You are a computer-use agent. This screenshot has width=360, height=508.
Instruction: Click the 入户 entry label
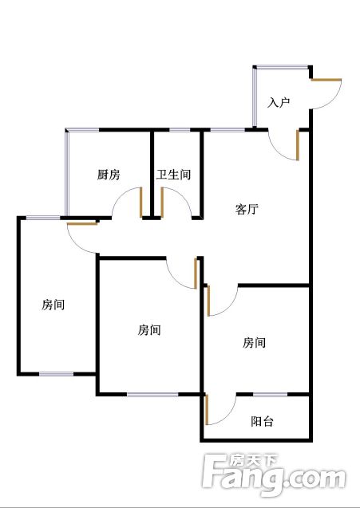tap(279, 103)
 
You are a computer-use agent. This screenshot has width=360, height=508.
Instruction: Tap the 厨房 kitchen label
tap(109, 175)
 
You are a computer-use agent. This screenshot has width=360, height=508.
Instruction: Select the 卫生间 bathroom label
tap(173, 175)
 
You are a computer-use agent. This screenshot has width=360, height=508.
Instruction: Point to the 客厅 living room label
tap(247, 209)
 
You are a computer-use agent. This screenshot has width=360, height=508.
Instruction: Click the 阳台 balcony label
tap(262, 421)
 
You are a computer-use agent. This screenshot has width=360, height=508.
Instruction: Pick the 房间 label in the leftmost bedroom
tap(53, 305)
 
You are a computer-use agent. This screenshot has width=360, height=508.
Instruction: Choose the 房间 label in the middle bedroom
tap(149, 330)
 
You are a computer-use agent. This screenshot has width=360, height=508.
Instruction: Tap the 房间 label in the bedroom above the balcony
tap(254, 342)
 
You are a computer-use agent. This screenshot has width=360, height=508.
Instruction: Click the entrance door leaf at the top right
tap(326, 80)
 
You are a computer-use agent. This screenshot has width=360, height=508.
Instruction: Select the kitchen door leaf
tap(141, 203)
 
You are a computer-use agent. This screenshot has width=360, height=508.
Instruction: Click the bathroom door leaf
tap(162, 203)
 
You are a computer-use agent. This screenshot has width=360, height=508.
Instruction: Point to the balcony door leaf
tap(207, 409)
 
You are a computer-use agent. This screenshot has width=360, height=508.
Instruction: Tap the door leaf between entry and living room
tap(298, 145)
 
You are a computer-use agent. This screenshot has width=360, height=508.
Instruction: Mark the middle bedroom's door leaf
tap(196, 273)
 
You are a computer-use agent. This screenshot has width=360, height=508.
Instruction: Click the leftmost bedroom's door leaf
tap(82, 223)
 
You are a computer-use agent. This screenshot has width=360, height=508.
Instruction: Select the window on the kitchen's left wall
tap(67, 173)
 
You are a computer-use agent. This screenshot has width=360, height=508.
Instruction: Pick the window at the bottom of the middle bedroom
tap(152, 394)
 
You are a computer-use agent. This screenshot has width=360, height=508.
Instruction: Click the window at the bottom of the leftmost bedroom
tap(57, 374)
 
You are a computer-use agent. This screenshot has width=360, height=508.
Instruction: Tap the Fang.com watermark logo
tap(274, 474)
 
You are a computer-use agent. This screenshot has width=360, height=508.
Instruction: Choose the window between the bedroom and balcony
tap(270, 394)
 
